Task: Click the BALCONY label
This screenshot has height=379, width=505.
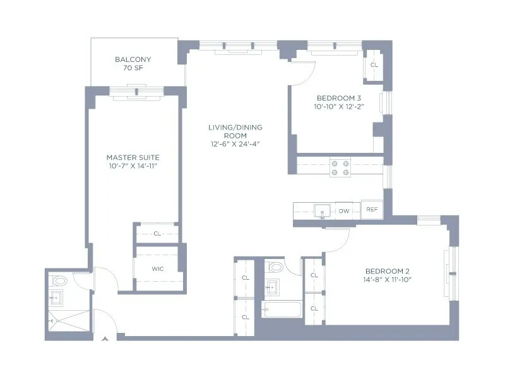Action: tap(133, 60)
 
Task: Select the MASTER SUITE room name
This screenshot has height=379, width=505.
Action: tap(133, 157)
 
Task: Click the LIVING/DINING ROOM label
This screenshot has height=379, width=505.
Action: tap(235, 131)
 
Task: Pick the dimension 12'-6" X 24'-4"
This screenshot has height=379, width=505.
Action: tap(235, 144)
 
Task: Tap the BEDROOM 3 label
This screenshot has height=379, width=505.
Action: tap(339, 98)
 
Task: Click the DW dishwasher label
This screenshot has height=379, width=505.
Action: tap(344, 211)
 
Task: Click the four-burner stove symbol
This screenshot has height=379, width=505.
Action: tap(341, 167)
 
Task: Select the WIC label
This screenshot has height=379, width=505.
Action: tap(157, 268)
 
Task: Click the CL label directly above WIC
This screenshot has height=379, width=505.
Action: tap(157, 234)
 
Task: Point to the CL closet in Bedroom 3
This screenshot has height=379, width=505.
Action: tap(374, 65)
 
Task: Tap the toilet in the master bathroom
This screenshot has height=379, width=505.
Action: tap(60, 280)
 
